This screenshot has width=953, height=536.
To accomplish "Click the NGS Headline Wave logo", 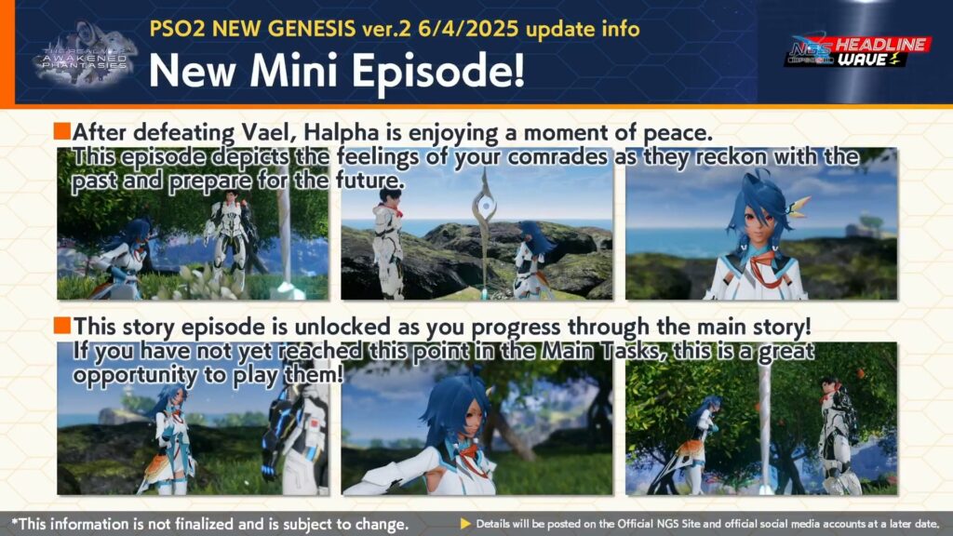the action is pyautogui.click(x=857, y=51).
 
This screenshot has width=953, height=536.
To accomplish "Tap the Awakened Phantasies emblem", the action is pyautogui.click(x=85, y=55).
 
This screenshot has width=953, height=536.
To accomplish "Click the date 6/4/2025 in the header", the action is pyautogui.click(x=467, y=29).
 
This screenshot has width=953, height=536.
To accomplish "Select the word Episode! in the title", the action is pyautogui.click(x=438, y=70).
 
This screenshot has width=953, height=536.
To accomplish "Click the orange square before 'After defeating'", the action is pyautogui.click(x=62, y=130).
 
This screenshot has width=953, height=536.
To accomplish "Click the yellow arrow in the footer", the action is pyautogui.click(x=465, y=523).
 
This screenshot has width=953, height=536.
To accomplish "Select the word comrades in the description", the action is pyautogui.click(x=557, y=156).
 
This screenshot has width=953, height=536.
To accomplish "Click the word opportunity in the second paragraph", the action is pyautogui.click(x=135, y=376).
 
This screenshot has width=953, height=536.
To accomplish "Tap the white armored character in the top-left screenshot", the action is pyautogui.click(x=231, y=240).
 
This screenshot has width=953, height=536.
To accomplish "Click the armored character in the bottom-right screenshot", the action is pyautogui.click(x=839, y=435).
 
